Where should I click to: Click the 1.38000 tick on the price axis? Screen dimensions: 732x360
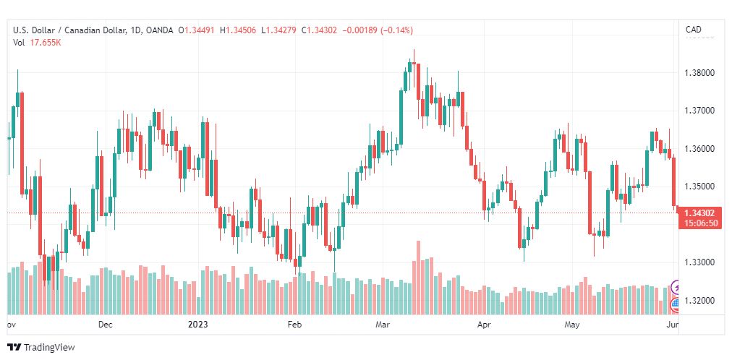pos(699,73)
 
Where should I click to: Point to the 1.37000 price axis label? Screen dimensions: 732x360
pos(699,111)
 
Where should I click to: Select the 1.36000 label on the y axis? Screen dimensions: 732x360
pos(699,149)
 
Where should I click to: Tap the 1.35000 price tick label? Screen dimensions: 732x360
pos(699,187)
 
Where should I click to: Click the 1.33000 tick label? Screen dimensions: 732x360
pos(699,262)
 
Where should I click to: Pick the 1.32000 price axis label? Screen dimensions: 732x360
pos(699,300)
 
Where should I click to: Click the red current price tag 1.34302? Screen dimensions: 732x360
pos(699,213)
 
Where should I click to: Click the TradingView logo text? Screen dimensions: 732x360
pos(49,348)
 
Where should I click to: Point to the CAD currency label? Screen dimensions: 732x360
pos(693,30)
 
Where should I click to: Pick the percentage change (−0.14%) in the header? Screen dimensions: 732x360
pos(397,30)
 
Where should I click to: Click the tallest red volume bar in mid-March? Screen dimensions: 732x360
pos(418,278)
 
